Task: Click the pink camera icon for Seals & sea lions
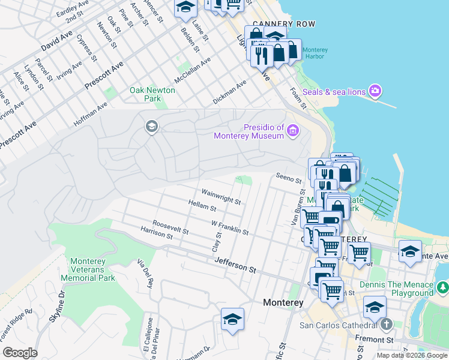pyautogui.click(x=375, y=91)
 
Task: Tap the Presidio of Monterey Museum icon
pyautogui.click(x=292, y=131)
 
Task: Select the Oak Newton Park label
pyautogui.click(x=152, y=94)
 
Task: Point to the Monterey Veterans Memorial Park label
pyautogui.click(x=92, y=269)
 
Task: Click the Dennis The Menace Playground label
pyautogui.click(x=396, y=289)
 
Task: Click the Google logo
pyautogui.click(x=20, y=353)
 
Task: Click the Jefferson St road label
pyautogui.click(x=235, y=264)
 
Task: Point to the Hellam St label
pyautogui.click(x=202, y=208)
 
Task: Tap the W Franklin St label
pyautogui.click(x=230, y=226)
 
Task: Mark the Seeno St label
pyautogui.click(x=288, y=179)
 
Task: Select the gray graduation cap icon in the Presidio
pyautogui.click(x=151, y=126)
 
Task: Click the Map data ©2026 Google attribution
pyautogui.click(x=411, y=355)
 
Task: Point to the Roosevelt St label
pyautogui.click(x=170, y=226)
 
